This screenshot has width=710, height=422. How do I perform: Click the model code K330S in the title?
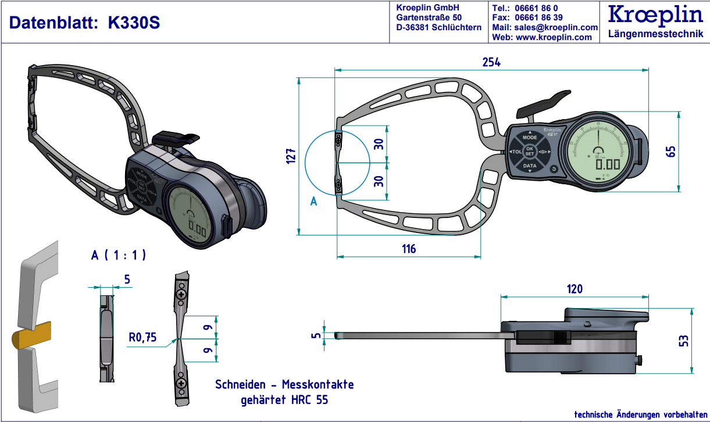click(134, 23)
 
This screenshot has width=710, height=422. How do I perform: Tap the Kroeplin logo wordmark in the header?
click(655, 15)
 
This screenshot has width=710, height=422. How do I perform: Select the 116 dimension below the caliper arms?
click(409, 249)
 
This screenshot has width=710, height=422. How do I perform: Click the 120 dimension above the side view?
click(574, 289)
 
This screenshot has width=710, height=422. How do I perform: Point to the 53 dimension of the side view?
click(683, 341)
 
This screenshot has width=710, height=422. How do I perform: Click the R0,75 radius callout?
click(143, 337)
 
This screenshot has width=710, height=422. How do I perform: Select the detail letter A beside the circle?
click(313, 202)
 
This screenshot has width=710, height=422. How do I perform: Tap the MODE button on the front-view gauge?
click(529, 138)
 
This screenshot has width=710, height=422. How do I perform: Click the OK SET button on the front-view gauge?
click(529, 151)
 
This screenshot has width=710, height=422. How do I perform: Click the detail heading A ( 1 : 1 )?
click(118, 255)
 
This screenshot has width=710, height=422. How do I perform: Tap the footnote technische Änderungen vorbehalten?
click(639, 414)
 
